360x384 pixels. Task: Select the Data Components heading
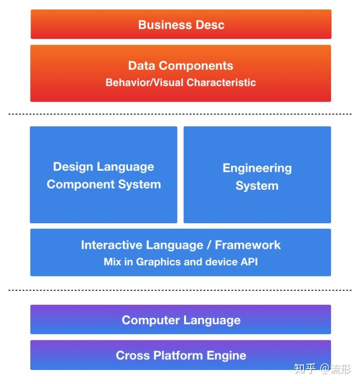[x=180, y=66]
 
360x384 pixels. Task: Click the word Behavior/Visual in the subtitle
[x=144, y=83]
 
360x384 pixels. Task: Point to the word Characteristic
[x=221, y=83]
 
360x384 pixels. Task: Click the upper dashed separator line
[x=180, y=114]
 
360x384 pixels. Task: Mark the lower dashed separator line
[x=180, y=290]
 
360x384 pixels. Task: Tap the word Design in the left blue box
[x=73, y=167]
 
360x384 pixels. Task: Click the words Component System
[x=104, y=185]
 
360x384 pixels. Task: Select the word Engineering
[x=257, y=169]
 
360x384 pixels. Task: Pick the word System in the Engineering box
[x=257, y=186]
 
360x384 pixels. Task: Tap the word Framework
[x=247, y=245]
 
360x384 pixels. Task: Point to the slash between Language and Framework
[x=209, y=245]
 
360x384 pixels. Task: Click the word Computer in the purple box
[x=151, y=320]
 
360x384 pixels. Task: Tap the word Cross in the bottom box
[x=132, y=355]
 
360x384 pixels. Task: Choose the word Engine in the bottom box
[x=226, y=356]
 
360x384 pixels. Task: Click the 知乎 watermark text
[x=304, y=369]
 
